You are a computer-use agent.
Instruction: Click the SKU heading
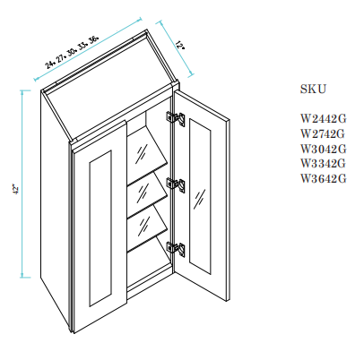[313, 90]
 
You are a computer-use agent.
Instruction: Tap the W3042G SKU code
[323, 149]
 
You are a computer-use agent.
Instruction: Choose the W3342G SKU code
[323, 164]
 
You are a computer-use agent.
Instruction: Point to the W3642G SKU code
[323, 179]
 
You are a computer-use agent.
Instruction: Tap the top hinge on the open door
[177, 117]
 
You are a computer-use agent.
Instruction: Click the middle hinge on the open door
[176, 184]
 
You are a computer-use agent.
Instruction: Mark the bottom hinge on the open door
[175, 249]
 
